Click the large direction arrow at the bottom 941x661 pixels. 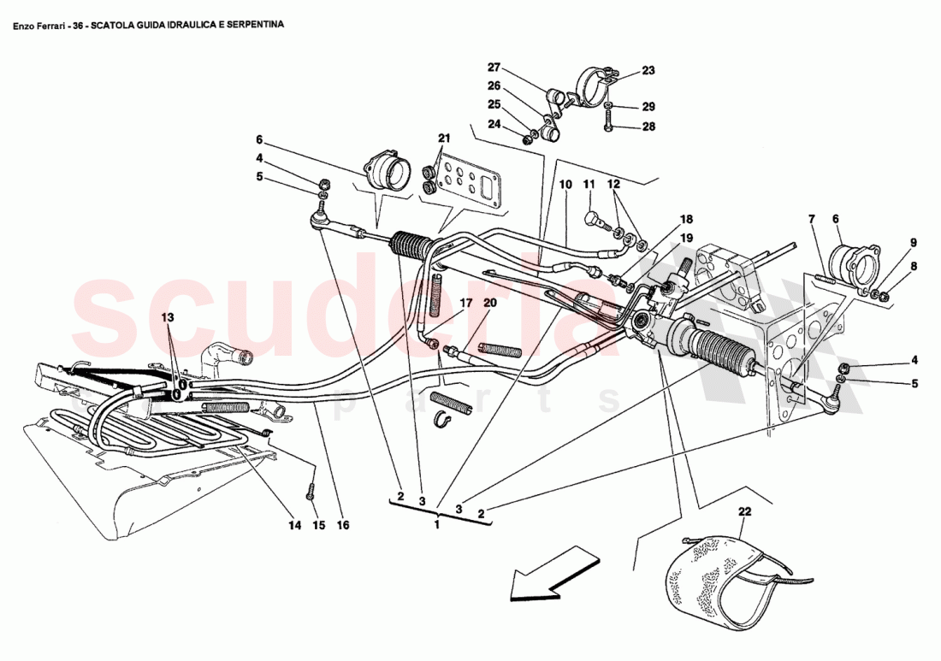[x=549, y=575]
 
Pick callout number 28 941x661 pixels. [x=648, y=127]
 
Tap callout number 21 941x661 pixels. [x=443, y=139]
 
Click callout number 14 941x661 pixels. [x=294, y=525]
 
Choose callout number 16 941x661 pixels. [x=343, y=525]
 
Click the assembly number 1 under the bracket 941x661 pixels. [x=437, y=524]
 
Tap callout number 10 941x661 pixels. [x=565, y=184]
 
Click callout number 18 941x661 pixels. [x=686, y=220]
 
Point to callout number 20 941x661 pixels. [x=489, y=302]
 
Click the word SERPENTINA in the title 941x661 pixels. [x=253, y=25]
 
